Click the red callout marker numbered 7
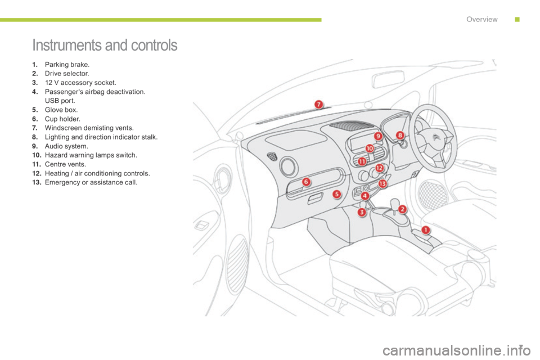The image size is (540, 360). [318, 104]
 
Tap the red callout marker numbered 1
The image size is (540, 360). [425, 229]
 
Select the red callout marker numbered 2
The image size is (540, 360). [403, 209]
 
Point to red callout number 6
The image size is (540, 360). [306, 182]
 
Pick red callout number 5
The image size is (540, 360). [337, 194]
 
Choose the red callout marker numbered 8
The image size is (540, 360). [400, 135]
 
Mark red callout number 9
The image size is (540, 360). [378, 136]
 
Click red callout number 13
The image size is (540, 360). [382, 183]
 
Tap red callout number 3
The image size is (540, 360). [362, 212]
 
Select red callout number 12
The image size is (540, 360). [379, 168]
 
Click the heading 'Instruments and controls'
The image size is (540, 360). [105, 46]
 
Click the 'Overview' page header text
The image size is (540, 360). [481, 19]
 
